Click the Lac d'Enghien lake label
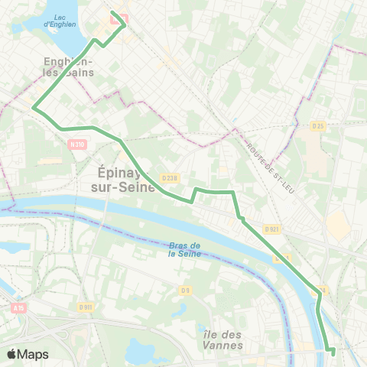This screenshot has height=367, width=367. (x=60, y=20)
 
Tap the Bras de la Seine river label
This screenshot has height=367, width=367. (x=183, y=249)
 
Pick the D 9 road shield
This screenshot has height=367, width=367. (x=185, y=290)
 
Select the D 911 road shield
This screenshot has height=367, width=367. (x=85, y=307)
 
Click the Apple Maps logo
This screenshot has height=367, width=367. (x=28, y=354)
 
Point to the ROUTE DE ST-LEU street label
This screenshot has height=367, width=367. (x=269, y=167)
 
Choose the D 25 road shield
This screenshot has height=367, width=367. (x=318, y=125)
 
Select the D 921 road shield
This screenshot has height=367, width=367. (x=271, y=228)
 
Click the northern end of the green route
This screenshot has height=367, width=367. (x=112, y=12)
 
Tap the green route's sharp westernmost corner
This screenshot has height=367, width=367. (x=34, y=108)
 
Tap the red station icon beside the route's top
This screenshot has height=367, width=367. (x=116, y=21)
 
